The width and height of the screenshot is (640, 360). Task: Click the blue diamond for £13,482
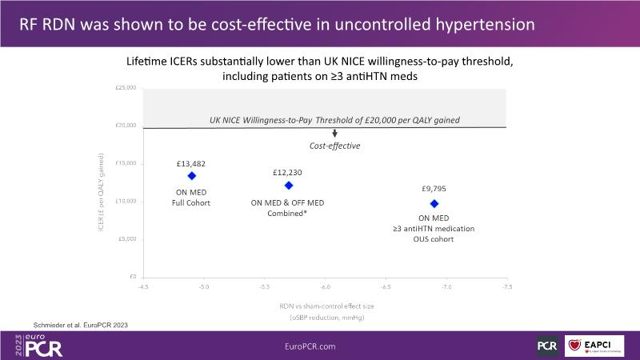[x=191, y=175]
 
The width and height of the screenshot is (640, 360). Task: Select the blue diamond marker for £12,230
[x=289, y=185]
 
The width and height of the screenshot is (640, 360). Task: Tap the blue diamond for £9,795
[x=434, y=203]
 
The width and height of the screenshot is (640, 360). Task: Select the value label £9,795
[x=434, y=190]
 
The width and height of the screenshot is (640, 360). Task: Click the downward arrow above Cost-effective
[x=334, y=134]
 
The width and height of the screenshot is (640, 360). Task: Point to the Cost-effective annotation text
[x=334, y=146]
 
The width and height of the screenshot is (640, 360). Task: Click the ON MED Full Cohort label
[x=191, y=197]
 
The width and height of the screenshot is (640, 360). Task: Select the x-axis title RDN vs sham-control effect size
[x=325, y=306]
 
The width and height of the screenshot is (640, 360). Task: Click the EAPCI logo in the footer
[x=594, y=346]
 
